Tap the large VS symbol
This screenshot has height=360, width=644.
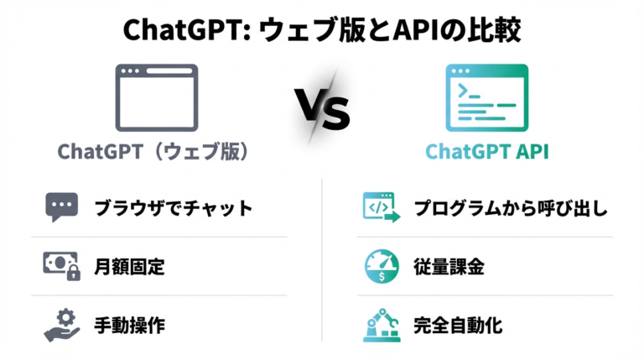pyautogui.click(x=322, y=109)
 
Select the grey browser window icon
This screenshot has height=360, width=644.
pyautogui.click(x=157, y=98)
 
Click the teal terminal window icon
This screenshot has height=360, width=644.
pyautogui.click(x=487, y=98)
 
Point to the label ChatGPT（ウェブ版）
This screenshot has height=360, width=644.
pyautogui.click(x=153, y=152)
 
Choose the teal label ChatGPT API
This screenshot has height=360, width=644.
pyautogui.click(x=487, y=152)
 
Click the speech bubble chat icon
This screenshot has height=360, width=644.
pyautogui.click(x=61, y=206)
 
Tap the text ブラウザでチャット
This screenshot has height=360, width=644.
pyautogui.click(x=174, y=208)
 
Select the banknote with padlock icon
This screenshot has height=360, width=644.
pyautogui.click(x=61, y=266)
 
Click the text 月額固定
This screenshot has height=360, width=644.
pyautogui.click(x=129, y=267)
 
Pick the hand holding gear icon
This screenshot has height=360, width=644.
pyautogui.click(x=61, y=325)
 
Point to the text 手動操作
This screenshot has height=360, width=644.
pyautogui.click(x=129, y=326)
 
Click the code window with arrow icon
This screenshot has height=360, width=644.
pyautogui.click(x=382, y=207)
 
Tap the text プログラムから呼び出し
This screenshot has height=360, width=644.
pyautogui.click(x=511, y=208)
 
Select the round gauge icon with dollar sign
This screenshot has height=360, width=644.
pyautogui.click(x=382, y=266)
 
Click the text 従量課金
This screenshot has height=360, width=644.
pyautogui.click(x=449, y=267)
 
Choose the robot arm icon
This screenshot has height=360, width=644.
pyautogui.click(x=382, y=325)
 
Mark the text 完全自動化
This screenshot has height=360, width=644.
pyautogui.click(x=458, y=326)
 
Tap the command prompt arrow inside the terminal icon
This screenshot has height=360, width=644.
pyautogui.click(x=463, y=90)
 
